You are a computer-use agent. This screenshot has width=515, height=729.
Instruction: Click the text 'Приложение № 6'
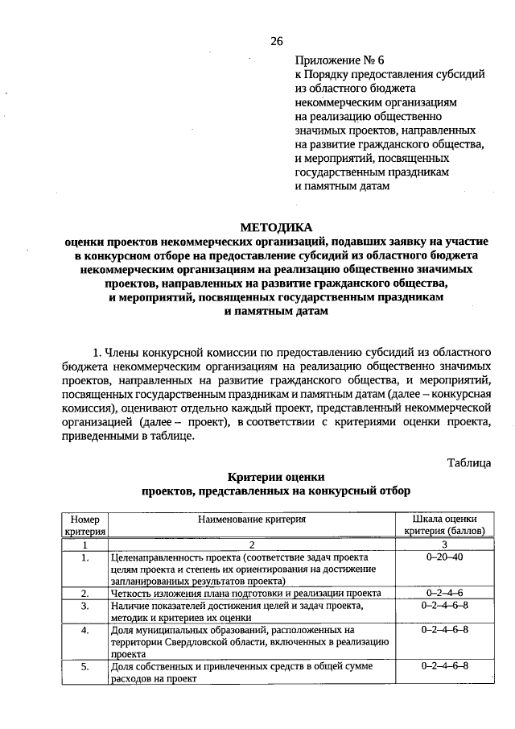(335, 60)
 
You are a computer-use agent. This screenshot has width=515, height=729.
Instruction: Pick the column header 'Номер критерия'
(84, 525)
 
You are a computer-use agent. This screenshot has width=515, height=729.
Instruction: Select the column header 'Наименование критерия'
(252, 520)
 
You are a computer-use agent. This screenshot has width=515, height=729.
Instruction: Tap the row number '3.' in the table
(84, 605)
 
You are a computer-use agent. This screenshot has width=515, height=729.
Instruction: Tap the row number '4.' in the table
(84, 629)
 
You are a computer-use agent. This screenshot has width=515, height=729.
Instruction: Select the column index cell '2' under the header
(252, 545)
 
